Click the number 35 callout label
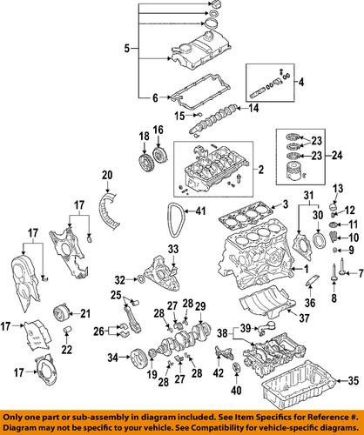(x=353, y=380)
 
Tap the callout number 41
(x=200, y=211)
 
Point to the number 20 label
(x=107, y=176)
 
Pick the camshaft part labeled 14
(x=214, y=119)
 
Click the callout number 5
(x=127, y=48)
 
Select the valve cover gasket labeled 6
(x=199, y=92)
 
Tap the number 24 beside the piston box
(x=337, y=156)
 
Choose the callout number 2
(x=261, y=170)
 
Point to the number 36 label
(x=310, y=303)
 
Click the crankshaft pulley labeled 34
(x=138, y=358)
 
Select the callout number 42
(x=219, y=373)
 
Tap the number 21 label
(x=85, y=313)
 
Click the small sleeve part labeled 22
(x=67, y=330)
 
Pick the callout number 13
(x=338, y=189)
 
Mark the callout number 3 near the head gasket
(x=286, y=204)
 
